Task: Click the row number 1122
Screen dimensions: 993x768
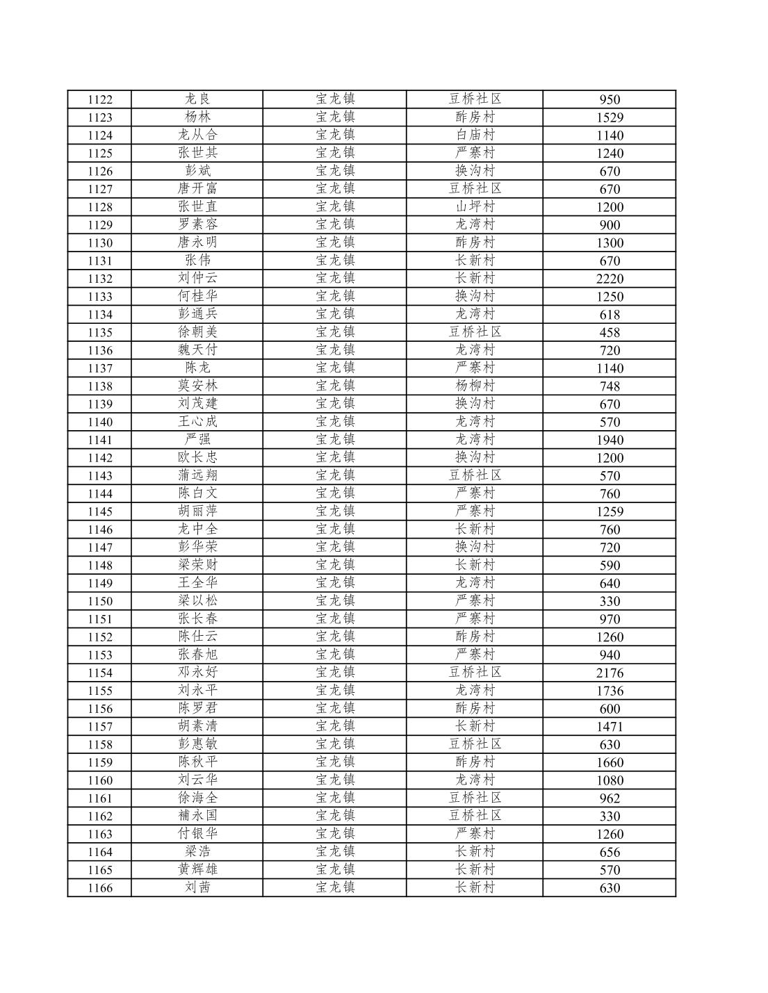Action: pyautogui.click(x=99, y=99)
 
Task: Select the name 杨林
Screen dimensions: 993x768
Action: pyautogui.click(x=197, y=117)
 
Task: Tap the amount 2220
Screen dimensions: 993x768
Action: pyautogui.click(x=610, y=279)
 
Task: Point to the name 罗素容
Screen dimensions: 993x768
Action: pyautogui.click(x=197, y=224)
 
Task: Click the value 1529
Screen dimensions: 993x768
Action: pyautogui.click(x=610, y=117)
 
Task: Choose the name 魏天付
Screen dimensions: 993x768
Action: pyautogui.click(x=197, y=350)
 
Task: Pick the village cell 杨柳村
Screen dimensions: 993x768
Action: pyautogui.click(x=475, y=386)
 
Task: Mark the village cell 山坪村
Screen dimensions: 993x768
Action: pyautogui.click(x=475, y=206)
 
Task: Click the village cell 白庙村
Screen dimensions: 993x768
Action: pyautogui.click(x=475, y=135)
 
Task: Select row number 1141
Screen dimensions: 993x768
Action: pyautogui.click(x=99, y=440)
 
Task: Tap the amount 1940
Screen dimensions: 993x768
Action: pyautogui.click(x=610, y=440)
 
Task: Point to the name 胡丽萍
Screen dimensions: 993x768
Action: pyautogui.click(x=197, y=511)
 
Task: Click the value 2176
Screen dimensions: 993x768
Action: pyautogui.click(x=610, y=673)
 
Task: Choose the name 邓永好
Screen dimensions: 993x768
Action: pyautogui.click(x=197, y=673)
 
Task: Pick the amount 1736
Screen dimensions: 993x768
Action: pyautogui.click(x=610, y=691)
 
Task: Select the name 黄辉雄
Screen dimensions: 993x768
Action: pyautogui.click(x=197, y=869)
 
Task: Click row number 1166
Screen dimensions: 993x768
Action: pyautogui.click(x=99, y=888)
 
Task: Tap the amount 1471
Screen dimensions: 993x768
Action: pyautogui.click(x=610, y=727)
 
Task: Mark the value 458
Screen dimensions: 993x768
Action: pyautogui.click(x=610, y=332)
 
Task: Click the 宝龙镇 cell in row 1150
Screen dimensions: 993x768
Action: pyautogui.click(x=335, y=601)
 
